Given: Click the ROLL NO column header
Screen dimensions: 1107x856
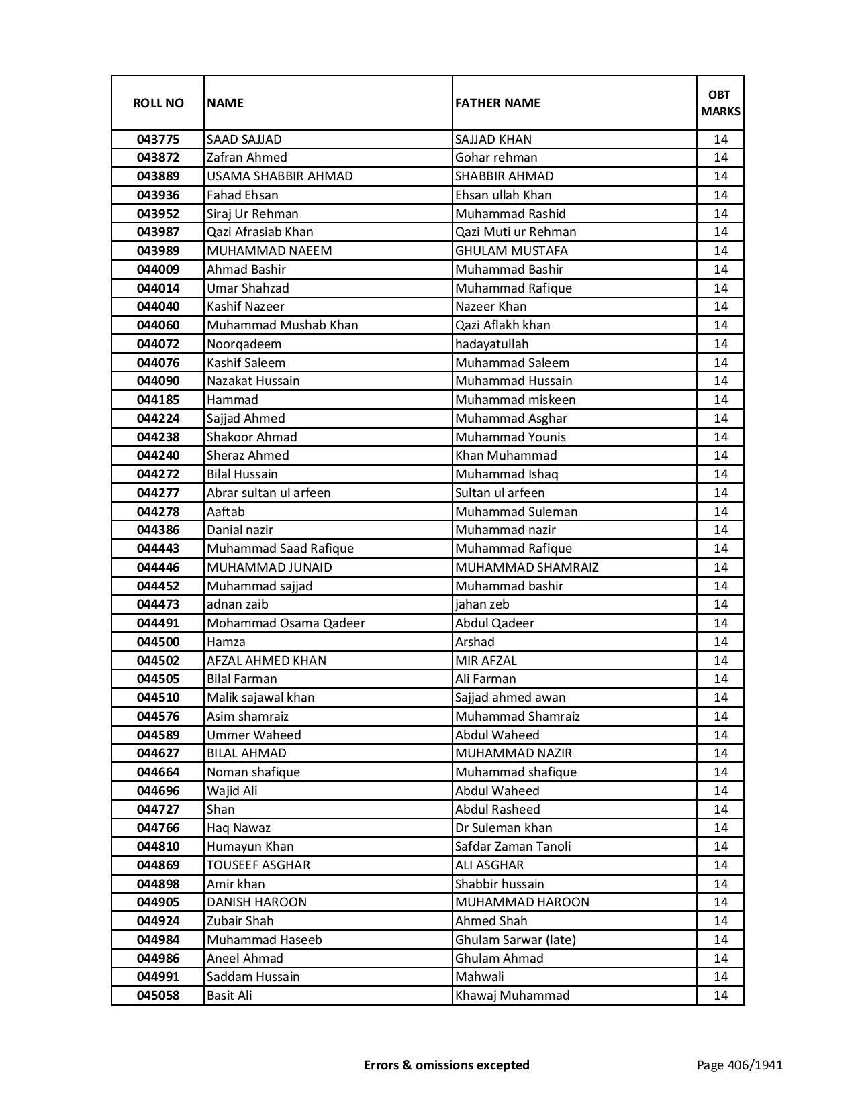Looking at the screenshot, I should [x=158, y=103].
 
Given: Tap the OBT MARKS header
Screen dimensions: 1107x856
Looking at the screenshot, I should [x=720, y=103].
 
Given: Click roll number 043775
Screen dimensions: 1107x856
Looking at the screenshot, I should [x=158, y=140].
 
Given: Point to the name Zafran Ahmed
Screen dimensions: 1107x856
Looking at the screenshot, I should [x=246, y=158].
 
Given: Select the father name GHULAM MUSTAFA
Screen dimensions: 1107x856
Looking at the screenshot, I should [x=511, y=251].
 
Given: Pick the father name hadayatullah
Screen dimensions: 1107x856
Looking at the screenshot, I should [x=491, y=344].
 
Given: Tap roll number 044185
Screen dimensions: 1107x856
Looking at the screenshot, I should [x=158, y=400].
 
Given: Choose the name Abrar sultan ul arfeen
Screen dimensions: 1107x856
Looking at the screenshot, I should [x=269, y=493].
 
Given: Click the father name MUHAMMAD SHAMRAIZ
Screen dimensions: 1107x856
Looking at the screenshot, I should [x=526, y=568].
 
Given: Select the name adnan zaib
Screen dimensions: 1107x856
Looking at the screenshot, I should [x=237, y=604].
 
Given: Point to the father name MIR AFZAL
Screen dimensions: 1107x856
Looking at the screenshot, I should [x=485, y=661].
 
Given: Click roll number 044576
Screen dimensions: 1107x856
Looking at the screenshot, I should [x=158, y=717].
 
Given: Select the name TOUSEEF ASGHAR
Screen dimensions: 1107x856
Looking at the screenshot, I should [x=258, y=865].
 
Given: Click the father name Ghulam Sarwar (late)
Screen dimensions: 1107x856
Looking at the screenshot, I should [x=515, y=940].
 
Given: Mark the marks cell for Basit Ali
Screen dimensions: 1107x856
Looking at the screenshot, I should [x=720, y=996].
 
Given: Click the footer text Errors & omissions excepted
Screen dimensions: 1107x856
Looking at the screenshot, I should [x=446, y=1065].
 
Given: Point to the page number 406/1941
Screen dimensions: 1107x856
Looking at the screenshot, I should [x=739, y=1065].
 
